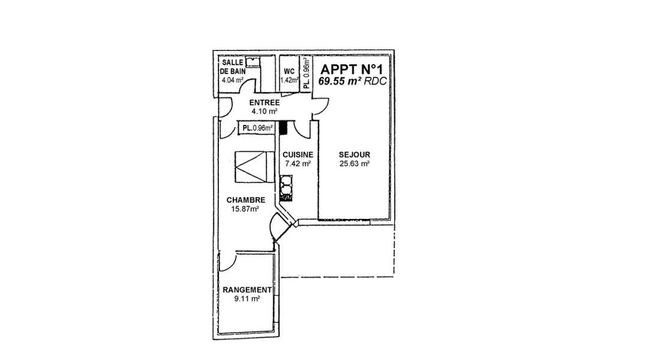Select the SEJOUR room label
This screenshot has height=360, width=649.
[x=354, y=155]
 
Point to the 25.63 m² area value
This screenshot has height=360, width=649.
[x=354, y=163]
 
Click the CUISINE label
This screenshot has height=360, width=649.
[x=298, y=155]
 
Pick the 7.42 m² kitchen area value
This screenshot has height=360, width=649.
[x=298, y=163]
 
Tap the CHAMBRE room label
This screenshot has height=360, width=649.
[x=246, y=200]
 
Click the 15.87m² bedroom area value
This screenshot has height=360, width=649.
[x=245, y=209]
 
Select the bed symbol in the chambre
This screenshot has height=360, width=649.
[x=254, y=166]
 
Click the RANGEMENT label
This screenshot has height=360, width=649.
[x=247, y=290]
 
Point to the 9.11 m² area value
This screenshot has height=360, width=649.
[x=247, y=299]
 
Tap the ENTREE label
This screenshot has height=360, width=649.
[x=265, y=103]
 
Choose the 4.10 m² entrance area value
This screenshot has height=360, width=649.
[x=265, y=112]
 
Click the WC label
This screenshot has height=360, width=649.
[x=289, y=71]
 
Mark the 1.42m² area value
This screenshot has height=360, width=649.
[x=289, y=80]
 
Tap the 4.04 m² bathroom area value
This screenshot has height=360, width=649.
[x=232, y=80]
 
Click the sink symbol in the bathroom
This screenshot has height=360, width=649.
[x=252, y=62]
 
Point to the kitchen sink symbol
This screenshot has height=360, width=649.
[x=286, y=188]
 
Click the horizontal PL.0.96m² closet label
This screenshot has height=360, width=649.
[x=257, y=128]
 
